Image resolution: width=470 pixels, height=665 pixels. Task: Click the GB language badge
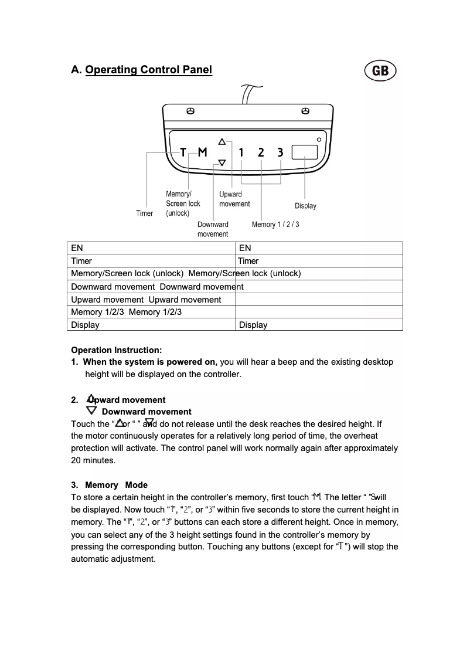click(380, 71)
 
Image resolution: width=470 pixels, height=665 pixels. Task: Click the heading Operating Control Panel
click(148, 70)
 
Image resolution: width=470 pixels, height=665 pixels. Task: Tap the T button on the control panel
click(183, 152)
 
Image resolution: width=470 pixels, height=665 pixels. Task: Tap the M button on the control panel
click(202, 152)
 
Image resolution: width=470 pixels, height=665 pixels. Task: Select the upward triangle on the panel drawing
click(222, 141)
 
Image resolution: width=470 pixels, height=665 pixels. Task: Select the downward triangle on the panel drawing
click(222, 163)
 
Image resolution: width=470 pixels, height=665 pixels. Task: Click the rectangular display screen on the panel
click(304, 152)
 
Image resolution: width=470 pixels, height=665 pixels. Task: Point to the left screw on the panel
click(190, 111)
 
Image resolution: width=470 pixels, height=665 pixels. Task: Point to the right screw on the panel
click(305, 111)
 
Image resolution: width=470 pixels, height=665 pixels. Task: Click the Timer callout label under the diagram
click(145, 213)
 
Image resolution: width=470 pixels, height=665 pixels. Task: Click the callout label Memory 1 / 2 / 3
click(275, 225)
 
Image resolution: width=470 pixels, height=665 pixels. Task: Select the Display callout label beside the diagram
click(305, 206)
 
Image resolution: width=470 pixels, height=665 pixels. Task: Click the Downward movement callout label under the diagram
click(213, 229)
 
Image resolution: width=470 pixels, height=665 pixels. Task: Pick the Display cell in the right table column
click(253, 325)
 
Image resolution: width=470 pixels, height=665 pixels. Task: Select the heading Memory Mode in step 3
click(116, 485)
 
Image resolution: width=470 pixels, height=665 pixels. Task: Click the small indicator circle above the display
click(319, 139)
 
